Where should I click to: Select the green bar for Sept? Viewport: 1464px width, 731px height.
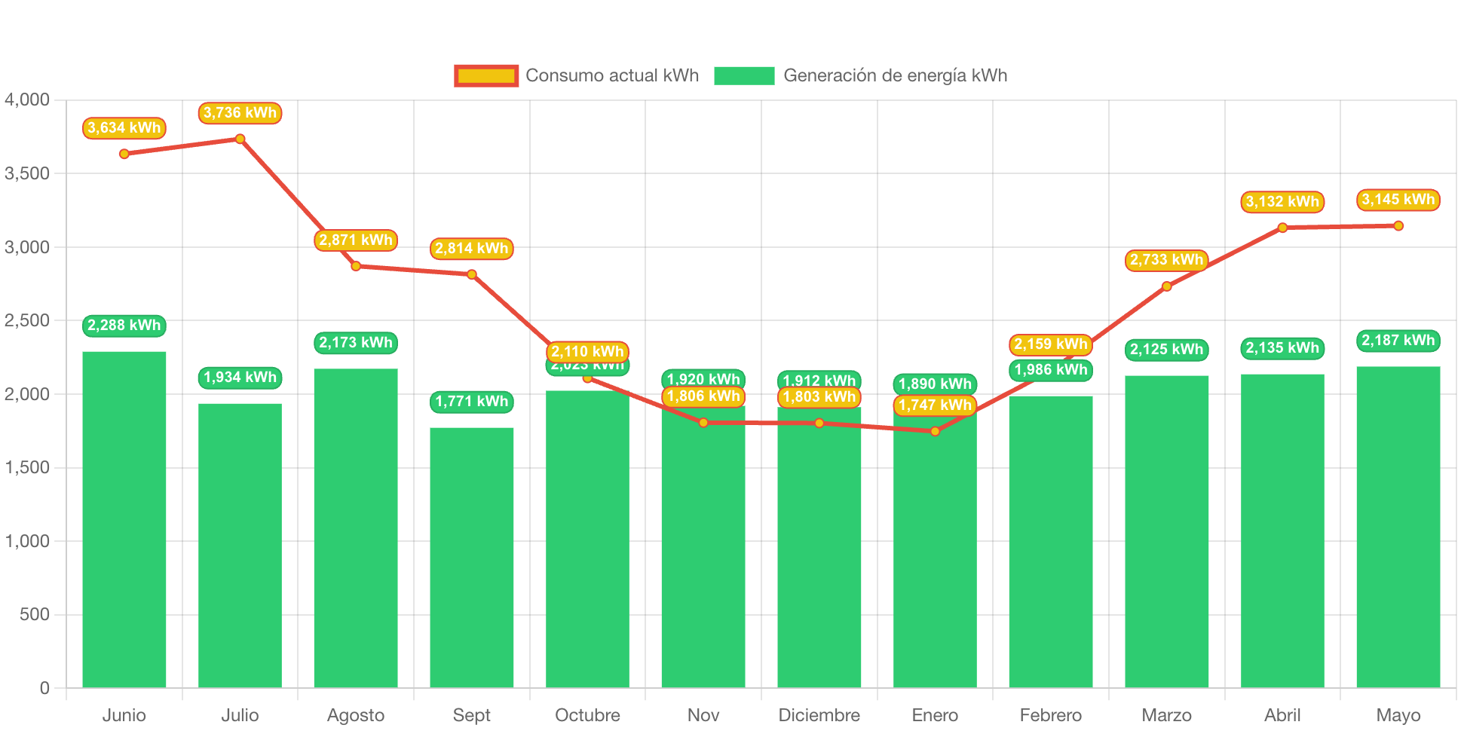coord(472,557)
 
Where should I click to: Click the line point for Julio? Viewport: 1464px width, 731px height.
coord(240,139)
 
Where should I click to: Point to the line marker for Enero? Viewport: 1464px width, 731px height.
coord(935,431)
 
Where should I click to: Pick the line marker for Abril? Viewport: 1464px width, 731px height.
coord(1282,228)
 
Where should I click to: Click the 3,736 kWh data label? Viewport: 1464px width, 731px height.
coord(240,113)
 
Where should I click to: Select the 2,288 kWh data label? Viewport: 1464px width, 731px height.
coord(124,326)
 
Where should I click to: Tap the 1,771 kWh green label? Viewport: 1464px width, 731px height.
coord(472,402)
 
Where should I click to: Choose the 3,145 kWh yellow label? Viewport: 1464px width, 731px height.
coord(1398,200)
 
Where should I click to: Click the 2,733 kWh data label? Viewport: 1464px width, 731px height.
coord(1166,260)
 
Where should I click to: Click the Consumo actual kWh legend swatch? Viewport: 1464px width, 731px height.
coord(486,75)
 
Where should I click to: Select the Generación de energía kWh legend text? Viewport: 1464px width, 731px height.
coord(895,75)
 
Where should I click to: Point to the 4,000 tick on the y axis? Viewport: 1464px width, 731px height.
coord(27,99)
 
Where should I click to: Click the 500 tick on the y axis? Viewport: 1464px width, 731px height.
coord(35,614)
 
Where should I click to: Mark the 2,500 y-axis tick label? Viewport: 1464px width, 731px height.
coord(27,320)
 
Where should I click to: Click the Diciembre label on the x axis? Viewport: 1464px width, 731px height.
coord(819,715)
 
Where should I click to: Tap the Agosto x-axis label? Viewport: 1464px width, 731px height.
coord(356,715)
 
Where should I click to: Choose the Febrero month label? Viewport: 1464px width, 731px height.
coord(1050,715)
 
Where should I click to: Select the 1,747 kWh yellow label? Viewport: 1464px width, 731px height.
coord(935,405)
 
